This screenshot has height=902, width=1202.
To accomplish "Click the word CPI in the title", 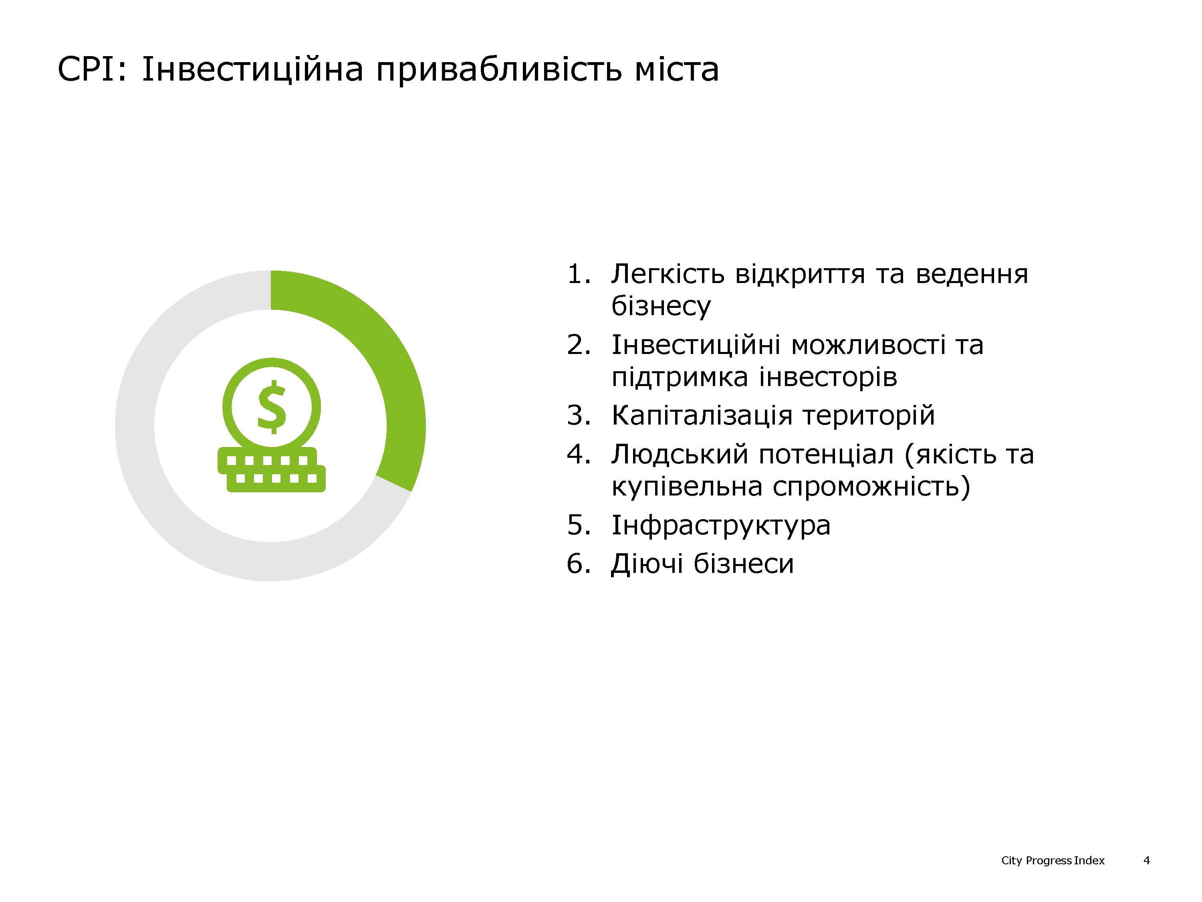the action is pyautogui.click(x=88, y=70).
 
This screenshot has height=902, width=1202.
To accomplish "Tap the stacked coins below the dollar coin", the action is pyautogui.click(x=272, y=470).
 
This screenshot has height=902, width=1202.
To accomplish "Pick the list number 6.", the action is pyautogui.click(x=578, y=564).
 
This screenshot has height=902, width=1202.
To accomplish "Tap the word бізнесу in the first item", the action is pyautogui.click(x=661, y=306).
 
